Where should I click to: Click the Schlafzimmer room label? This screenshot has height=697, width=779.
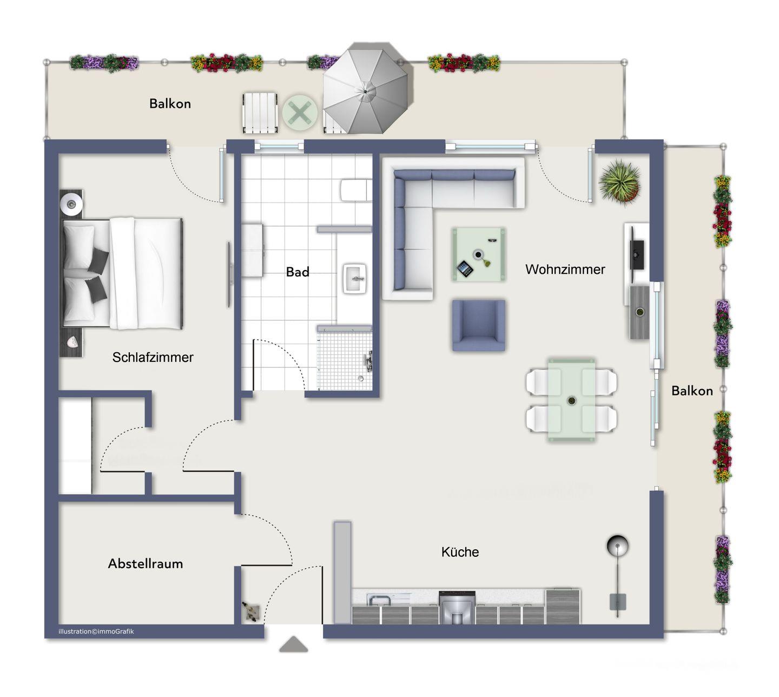tap(153, 357)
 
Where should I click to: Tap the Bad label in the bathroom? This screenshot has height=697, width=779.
tap(297, 272)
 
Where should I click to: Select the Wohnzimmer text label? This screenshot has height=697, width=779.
tap(565, 269)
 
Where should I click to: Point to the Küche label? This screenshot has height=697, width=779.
tap(460, 552)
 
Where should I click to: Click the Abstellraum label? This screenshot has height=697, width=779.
tap(146, 563)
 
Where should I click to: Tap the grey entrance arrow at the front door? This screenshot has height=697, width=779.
tap(293, 644)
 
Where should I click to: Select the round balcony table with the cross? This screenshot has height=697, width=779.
tap(300, 113)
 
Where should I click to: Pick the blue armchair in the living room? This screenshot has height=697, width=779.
tap(478, 325)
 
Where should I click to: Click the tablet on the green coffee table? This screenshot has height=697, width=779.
tap(465, 268)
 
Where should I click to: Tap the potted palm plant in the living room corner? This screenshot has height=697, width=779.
tap(619, 181)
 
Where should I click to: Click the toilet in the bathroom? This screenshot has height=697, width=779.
tap(355, 189)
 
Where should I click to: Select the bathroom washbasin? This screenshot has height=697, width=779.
tap(354, 278)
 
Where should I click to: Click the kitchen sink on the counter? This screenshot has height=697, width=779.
tap(380, 600)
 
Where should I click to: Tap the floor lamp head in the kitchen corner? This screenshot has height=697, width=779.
tap(617, 545)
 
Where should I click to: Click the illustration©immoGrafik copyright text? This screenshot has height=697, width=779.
tap(96, 631)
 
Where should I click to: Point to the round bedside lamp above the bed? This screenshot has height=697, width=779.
tap(71, 204)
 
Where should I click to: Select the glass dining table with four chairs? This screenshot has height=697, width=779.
tap(571, 400)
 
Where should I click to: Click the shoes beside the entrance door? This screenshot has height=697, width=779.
tap(251, 611)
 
